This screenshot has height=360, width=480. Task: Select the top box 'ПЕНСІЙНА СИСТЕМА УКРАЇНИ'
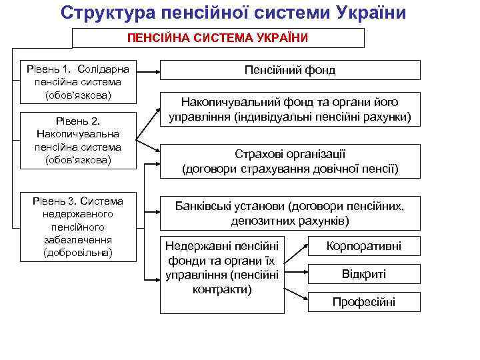coord(218,37)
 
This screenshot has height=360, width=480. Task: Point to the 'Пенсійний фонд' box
coord(290,70)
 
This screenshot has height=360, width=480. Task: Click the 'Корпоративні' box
coord(363,245)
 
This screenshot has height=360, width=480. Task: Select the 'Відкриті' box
coord(363,274)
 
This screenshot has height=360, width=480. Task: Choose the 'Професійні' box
coord(363,302)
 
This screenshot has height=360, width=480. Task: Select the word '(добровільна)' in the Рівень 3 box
coord(78,253)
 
